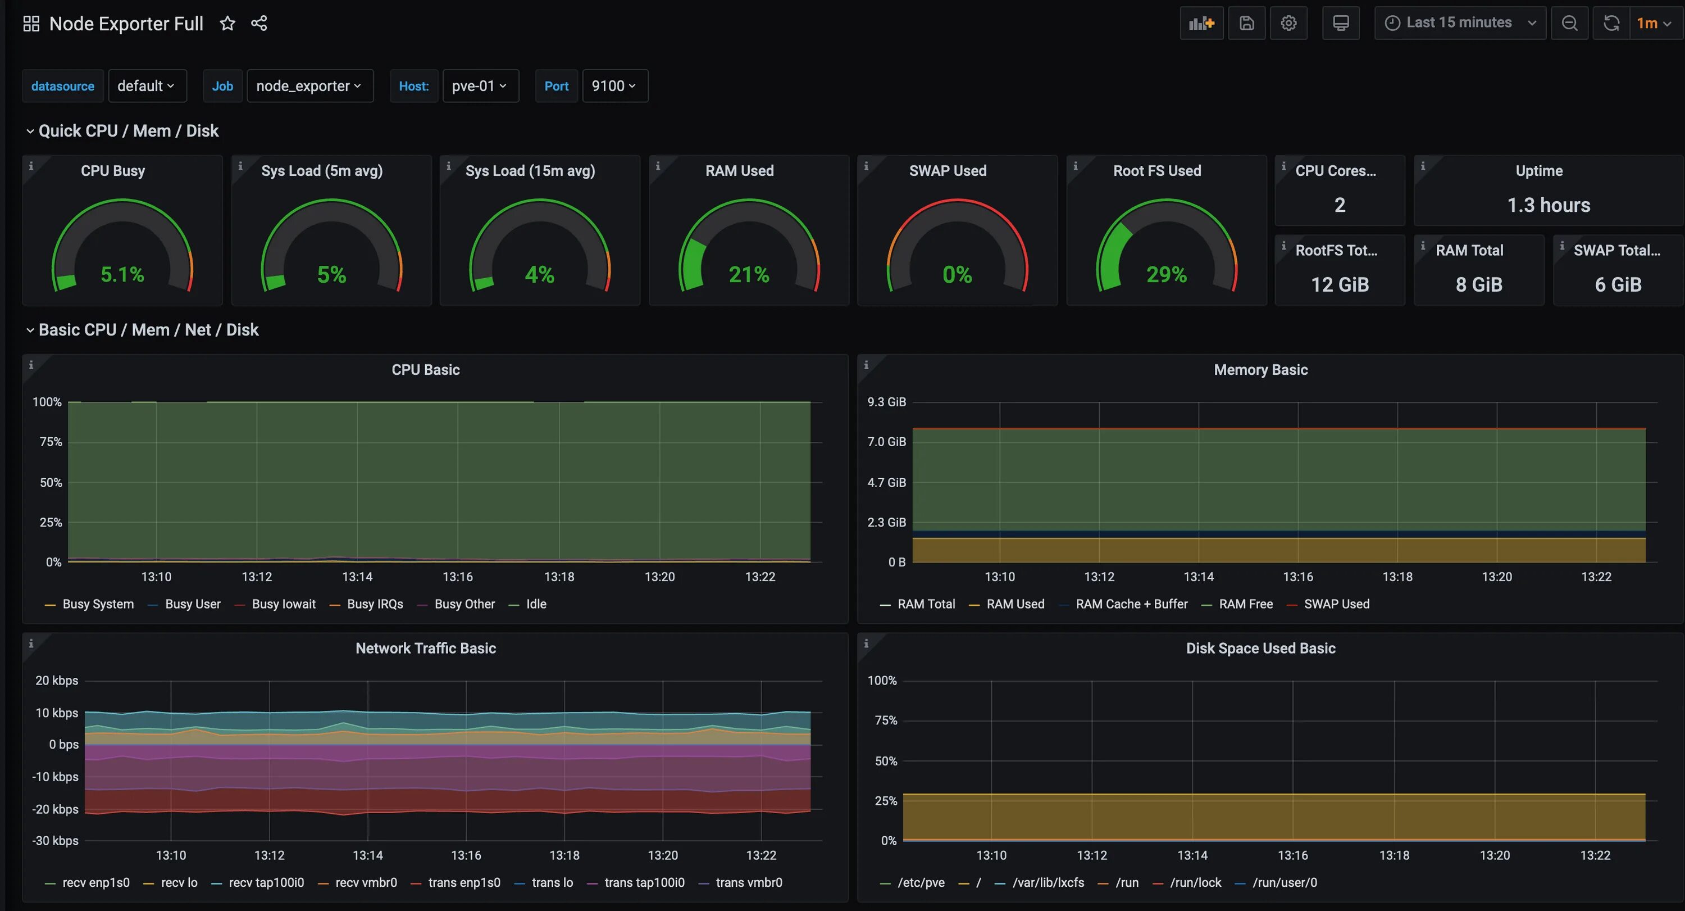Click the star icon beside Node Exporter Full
click(227, 24)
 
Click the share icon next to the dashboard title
click(259, 24)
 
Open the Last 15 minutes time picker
click(1459, 23)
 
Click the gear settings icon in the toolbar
click(1288, 24)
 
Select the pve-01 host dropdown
click(480, 86)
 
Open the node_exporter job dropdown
click(309, 86)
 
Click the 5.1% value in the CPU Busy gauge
click(122, 274)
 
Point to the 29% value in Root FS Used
click(1166, 274)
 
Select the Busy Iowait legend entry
click(283, 604)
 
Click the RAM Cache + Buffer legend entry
click(1131, 604)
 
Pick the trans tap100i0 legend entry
click(644, 882)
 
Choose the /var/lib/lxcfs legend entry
click(1048, 882)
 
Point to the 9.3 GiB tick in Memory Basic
click(886, 402)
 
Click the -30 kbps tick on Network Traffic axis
click(55, 840)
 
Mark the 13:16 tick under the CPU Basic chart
click(457, 577)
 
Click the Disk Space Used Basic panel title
click(1260, 648)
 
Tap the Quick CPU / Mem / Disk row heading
click(128, 131)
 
